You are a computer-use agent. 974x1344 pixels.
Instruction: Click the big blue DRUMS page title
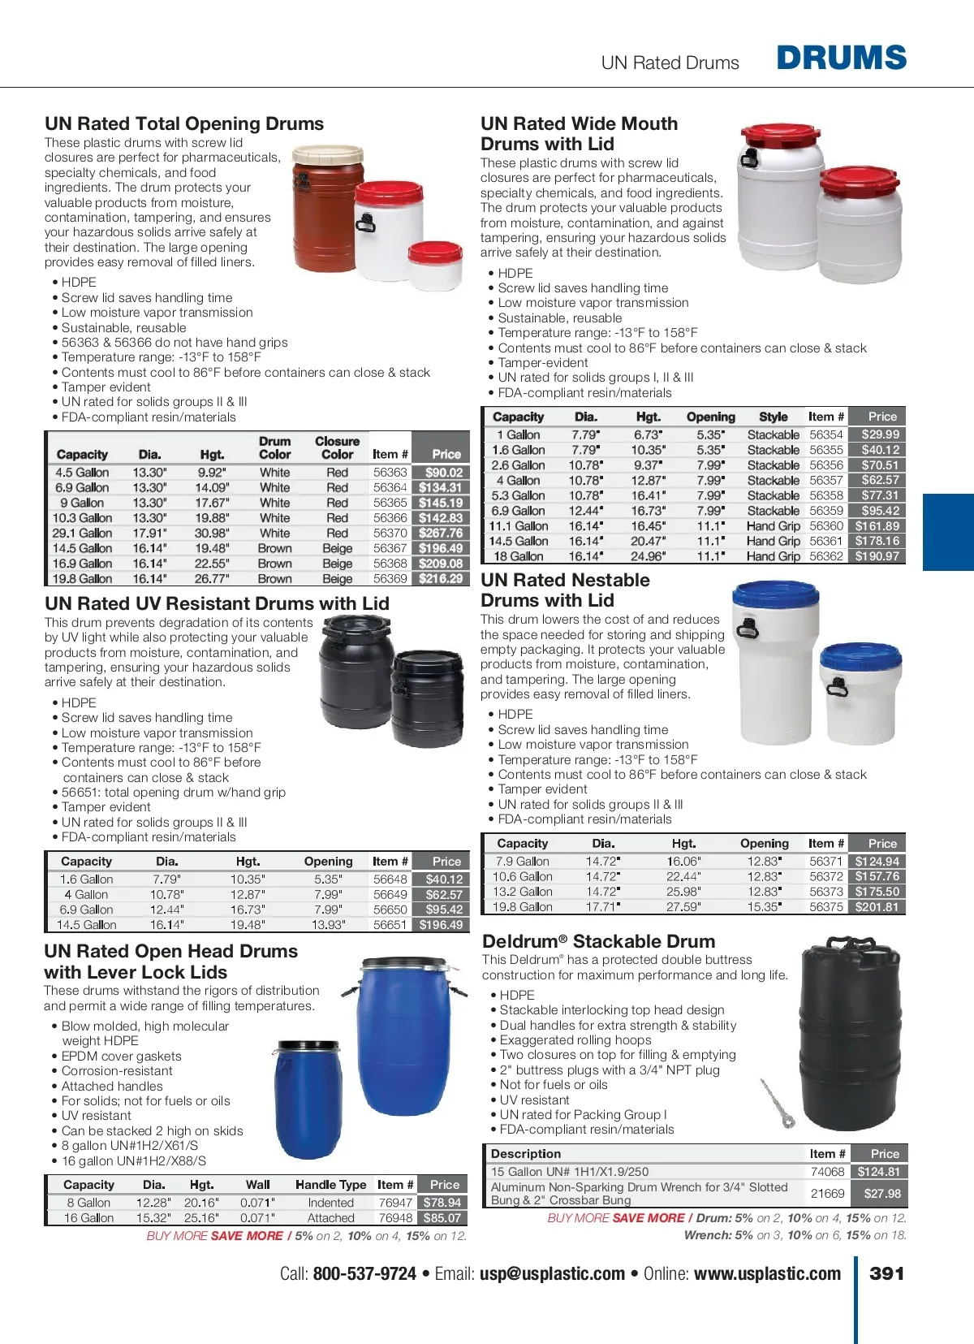pos(841,58)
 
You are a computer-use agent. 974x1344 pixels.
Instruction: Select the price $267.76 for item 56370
pos(441,534)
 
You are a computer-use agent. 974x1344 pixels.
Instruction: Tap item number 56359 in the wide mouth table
pos(826,511)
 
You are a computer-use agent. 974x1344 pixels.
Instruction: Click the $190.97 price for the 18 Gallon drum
pos(877,556)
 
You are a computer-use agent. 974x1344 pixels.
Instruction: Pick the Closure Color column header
pos(337,447)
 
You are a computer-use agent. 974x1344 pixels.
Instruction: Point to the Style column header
pos(773,417)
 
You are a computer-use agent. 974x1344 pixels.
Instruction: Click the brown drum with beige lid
pos(328,209)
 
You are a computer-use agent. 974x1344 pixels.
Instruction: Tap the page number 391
pos(886,1273)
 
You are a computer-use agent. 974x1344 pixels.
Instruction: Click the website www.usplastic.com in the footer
pos(767,1273)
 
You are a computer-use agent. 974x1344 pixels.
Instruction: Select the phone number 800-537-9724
pos(364,1273)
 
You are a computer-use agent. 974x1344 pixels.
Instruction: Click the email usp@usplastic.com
pos(552,1273)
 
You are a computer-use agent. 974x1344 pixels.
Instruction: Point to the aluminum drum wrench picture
pos(777,1103)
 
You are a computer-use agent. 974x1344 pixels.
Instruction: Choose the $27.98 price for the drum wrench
pos(882,1194)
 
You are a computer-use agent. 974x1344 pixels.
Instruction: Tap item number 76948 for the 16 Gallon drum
pos(395,1218)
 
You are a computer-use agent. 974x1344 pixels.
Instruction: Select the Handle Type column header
pos(330,1185)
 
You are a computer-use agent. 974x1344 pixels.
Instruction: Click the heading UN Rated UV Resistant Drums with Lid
pos(217,603)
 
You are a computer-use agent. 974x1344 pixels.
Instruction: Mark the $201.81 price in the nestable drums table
pos(877,907)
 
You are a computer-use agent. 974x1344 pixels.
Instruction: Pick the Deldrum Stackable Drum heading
pos(598,941)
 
